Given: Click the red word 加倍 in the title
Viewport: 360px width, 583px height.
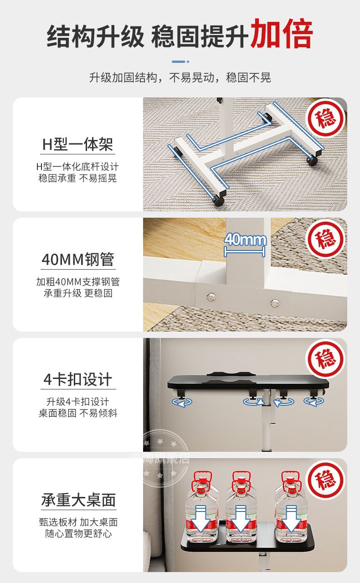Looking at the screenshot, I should [x=282, y=34].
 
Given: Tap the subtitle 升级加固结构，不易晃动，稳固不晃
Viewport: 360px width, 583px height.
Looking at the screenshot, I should [x=180, y=77].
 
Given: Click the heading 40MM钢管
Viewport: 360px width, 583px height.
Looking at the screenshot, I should [x=78, y=260].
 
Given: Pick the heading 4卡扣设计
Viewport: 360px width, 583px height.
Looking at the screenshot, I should [x=77, y=379].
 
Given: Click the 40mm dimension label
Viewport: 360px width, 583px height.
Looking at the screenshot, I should [x=245, y=240].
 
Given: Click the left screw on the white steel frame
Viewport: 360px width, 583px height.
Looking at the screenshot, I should [x=210, y=297].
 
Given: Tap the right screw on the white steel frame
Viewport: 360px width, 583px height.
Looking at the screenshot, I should [x=274, y=302].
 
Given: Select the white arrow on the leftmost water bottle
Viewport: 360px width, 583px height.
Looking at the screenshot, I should [x=200, y=519].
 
